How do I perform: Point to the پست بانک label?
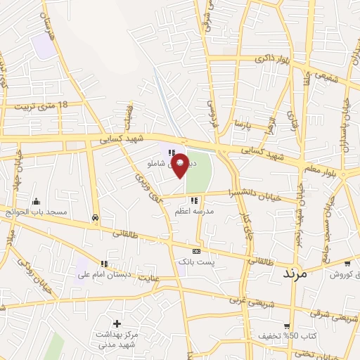[195, 262]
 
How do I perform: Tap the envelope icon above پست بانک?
[195, 251]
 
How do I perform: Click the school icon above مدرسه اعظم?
[194, 200]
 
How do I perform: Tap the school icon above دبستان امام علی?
[105, 264]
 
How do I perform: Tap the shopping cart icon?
[287, 326]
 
